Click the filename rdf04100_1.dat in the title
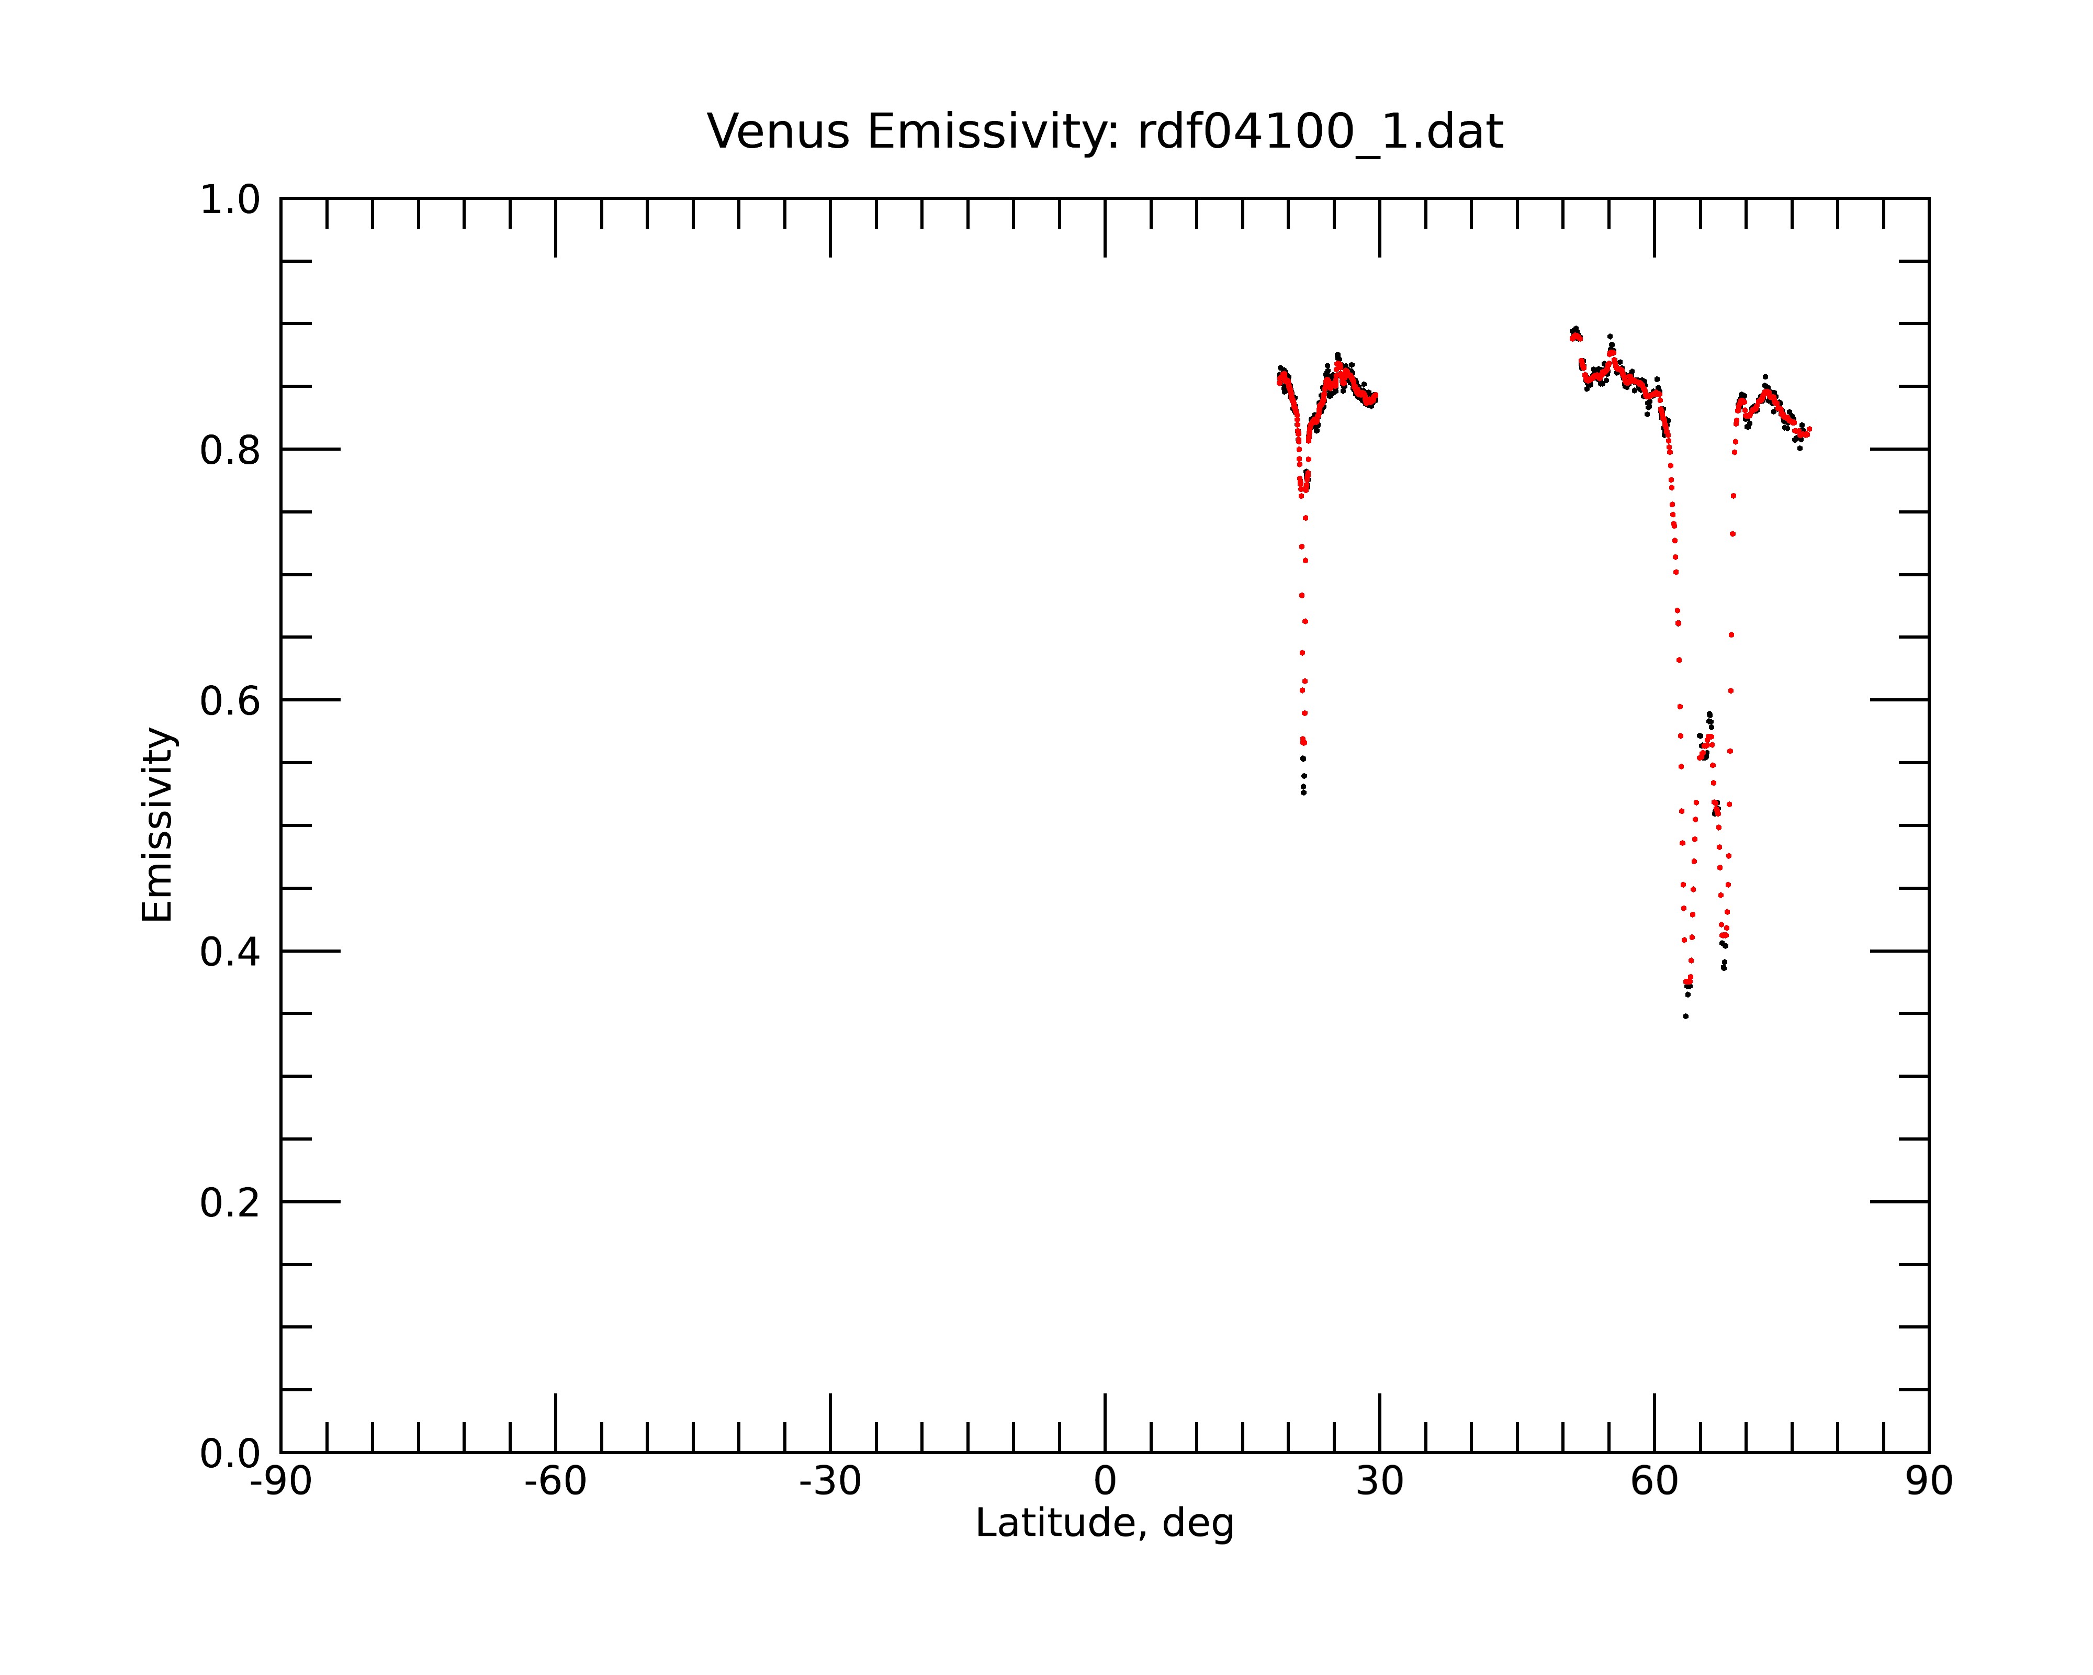click(x=1320, y=132)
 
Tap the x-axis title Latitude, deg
click(x=1105, y=1524)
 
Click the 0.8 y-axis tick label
click(x=230, y=451)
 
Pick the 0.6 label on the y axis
click(x=230, y=701)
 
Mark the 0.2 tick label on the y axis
click(x=230, y=1203)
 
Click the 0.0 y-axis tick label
click(x=230, y=1454)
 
